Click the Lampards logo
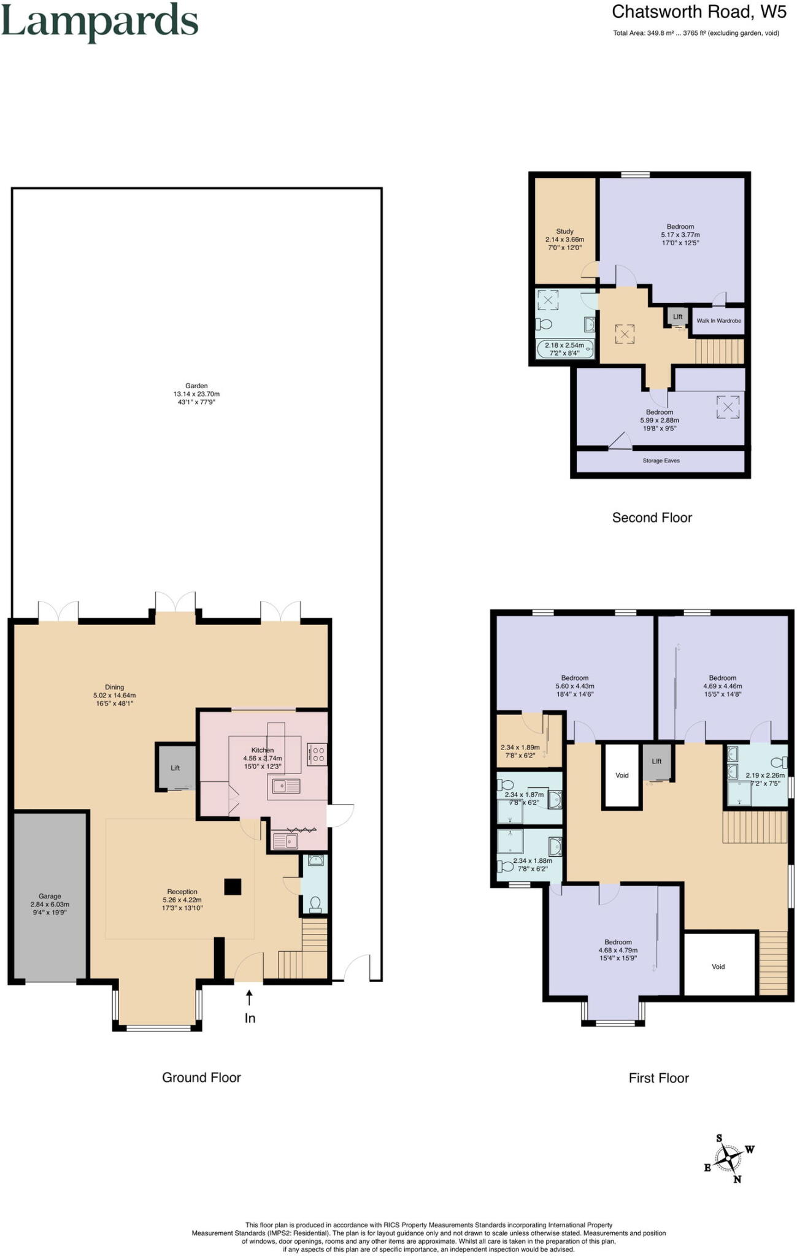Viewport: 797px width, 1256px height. pyautogui.click(x=99, y=22)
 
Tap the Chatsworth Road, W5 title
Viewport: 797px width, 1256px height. pyautogui.click(x=699, y=12)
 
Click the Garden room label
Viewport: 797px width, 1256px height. pyautogui.click(x=196, y=394)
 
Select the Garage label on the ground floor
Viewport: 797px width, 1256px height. pyautogui.click(x=50, y=904)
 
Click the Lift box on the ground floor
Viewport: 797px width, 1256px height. pyautogui.click(x=175, y=768)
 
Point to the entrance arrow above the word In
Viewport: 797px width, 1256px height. pyautogui.click(x=249, y=998)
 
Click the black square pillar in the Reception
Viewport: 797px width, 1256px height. pyautogui.click(x=233, y=887)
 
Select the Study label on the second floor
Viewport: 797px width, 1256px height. pyautogui.click(x=564, y=239)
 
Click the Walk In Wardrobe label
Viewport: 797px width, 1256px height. pyautogui.click(x=718, y=321)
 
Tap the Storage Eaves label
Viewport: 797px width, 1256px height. pyautogui.click(x=661, y=461)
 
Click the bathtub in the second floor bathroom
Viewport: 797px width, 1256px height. pyautogui.click(x=565, y=350)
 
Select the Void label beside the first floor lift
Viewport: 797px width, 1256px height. pyautogui.click(x=622, y=775)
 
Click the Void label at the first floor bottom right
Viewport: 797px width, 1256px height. pyautogui.click(x=718, y=967)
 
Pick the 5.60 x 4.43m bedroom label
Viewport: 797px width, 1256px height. pyautogui.click(x=575, y=686)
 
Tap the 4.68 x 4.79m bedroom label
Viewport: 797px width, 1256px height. pyautogui.click(x=618, y=950)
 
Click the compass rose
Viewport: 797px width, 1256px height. pyautogui.click(x=729, y=1158)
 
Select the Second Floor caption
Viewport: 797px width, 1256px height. pyautogui.click(x=652, y=518)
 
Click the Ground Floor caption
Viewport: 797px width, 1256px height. pyautogui.click(x=201, y=1078)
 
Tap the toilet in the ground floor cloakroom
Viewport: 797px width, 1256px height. pyautogui.click(x=315, y=903)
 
